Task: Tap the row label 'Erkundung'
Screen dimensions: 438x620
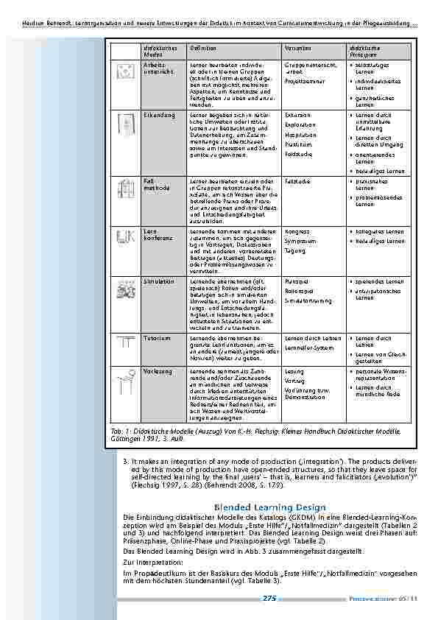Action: pyautogui.click(x=159, y=115)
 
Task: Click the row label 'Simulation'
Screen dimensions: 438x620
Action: pyautogui.click(x=159, y=281)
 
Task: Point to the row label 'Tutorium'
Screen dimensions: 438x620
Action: pyautogui.click(x=158, y=338)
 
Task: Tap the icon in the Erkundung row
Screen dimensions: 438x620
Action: pyautogui.click(x=126, y=124)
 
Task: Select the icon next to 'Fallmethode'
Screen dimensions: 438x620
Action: pyautogui.click(x=126, y=189)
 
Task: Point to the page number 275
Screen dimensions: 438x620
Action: pyautogui.click(x=269, y=599)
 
